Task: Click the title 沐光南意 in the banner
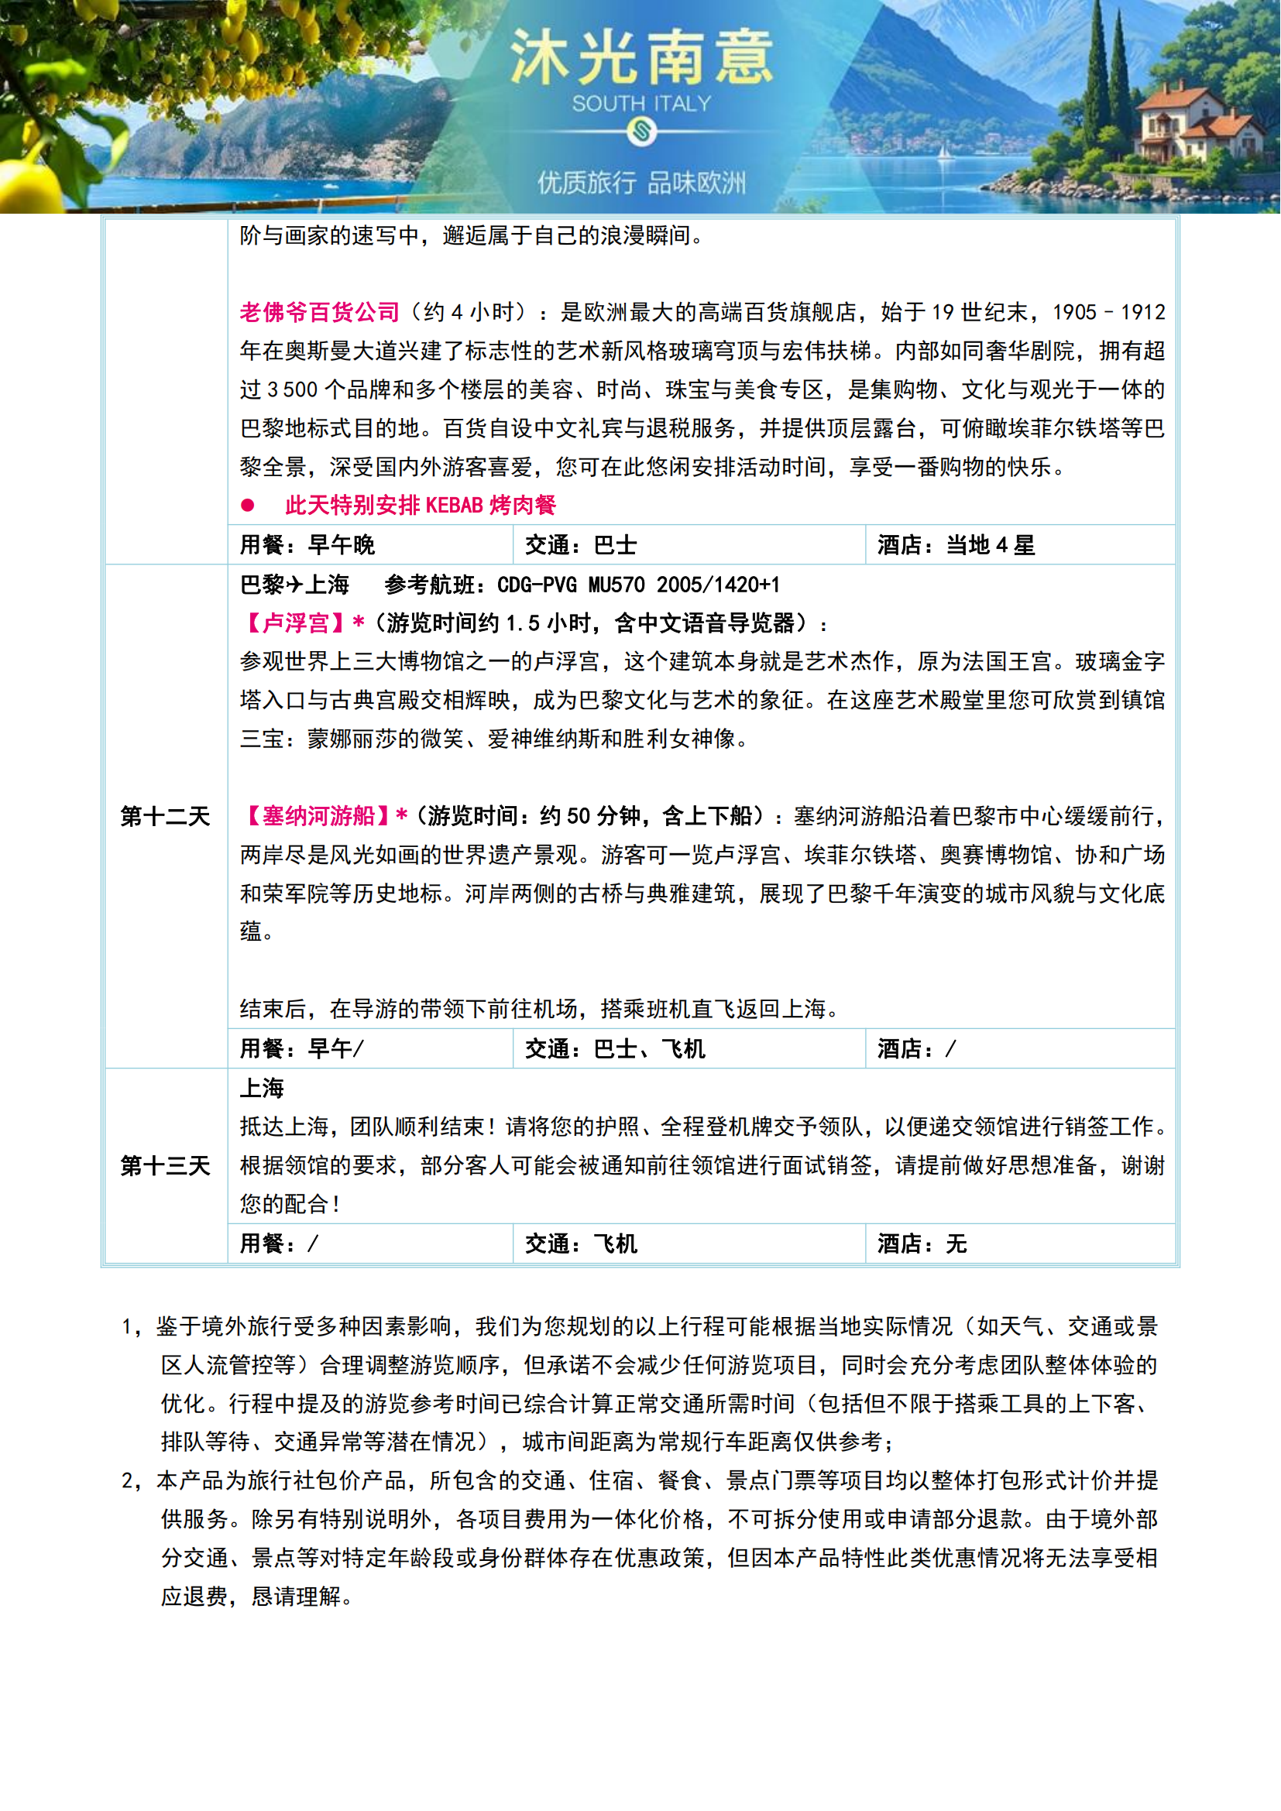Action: (x=640, y=58)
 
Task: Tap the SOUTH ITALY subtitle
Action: (x=640, y=103)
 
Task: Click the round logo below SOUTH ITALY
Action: (x=641, y=132)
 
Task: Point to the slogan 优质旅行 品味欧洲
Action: (x=640, y=183)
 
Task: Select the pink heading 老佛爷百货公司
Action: (x=319, y=312)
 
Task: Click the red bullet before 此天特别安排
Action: (x=248, y=505)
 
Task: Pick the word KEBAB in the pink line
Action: (x=454, y=505)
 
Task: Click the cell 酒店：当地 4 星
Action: (x=955, y=545)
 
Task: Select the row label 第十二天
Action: (x=165, y=816)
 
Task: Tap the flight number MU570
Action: (x=616, y=585)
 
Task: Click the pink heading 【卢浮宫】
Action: (x=294, y=623)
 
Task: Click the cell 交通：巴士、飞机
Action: (x=614, y=1049)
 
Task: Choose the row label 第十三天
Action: (x=165, y=1166)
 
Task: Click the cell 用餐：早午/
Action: (x=301, y=1049)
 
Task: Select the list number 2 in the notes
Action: (x=128, y=1480)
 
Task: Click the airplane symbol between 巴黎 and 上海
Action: (x=294, y=585)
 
